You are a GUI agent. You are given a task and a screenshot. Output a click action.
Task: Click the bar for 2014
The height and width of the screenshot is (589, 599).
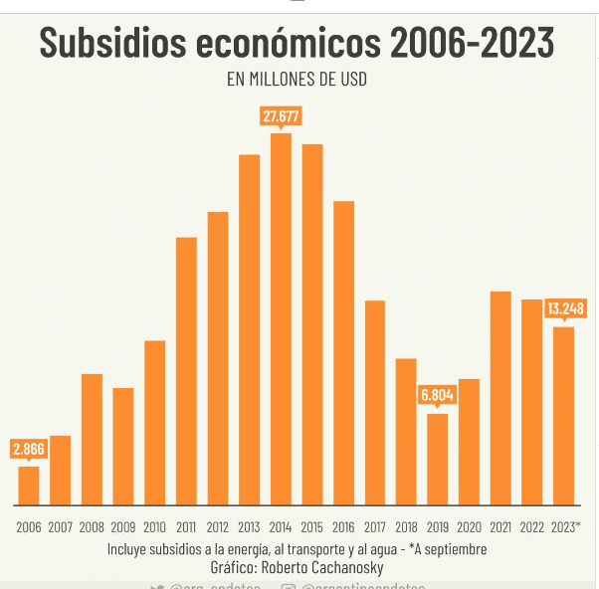click(281, 318)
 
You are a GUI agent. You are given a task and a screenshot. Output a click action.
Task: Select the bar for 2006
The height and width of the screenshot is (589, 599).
click(29, 485)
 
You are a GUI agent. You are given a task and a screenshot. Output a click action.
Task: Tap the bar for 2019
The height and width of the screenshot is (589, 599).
click(438, 459)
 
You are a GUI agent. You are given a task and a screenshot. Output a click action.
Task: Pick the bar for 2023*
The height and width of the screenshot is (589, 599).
click(564, 415)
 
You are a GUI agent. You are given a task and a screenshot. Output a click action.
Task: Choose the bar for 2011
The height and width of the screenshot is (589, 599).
click(186, 370)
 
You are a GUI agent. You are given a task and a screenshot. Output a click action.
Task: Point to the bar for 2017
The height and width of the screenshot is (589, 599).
click(375, 402)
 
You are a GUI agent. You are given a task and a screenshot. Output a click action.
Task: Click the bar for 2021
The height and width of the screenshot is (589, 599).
click(500, 397)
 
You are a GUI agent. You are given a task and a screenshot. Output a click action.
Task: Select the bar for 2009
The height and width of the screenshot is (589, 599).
click(122, 446)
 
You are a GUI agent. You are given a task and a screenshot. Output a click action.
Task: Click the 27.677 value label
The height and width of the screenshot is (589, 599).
click(281, 116)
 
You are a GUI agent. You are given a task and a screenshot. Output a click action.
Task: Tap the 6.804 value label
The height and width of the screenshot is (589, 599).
click(438, 395)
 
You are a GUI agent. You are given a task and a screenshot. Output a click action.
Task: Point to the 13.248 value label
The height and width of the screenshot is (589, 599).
click(565, 308)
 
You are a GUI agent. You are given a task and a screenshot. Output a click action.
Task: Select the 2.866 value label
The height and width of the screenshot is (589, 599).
click(29, 449)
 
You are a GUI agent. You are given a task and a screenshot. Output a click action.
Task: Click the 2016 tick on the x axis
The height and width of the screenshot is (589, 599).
click(343, 527)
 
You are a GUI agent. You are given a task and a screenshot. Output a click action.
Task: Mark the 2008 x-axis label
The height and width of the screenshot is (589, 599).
click(92, 527)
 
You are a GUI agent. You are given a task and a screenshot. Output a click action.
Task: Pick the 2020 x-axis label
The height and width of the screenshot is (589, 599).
click(470, 527)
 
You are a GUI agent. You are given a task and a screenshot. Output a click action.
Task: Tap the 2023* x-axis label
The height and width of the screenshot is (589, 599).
click(565, 527)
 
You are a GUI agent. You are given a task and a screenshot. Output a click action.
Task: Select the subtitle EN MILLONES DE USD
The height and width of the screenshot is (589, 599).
click(297, 80)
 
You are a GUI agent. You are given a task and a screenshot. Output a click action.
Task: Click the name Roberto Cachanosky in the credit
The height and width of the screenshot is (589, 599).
click(325, 566)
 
